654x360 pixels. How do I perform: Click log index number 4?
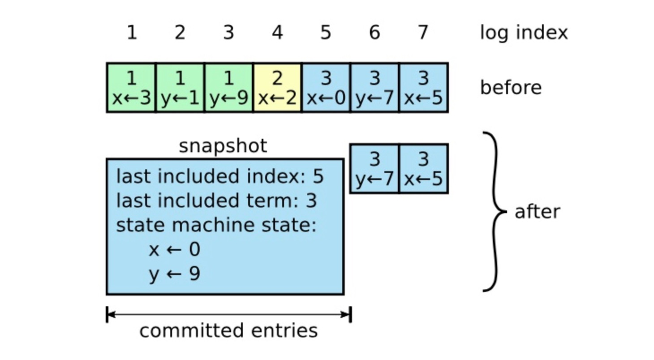click(x=277, y=33)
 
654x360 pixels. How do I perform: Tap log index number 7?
click(x=423, y=33)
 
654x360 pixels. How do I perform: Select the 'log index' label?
click(x=523, y=33)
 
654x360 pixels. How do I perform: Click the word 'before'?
click(x=511, y=87)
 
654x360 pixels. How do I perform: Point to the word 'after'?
click(x=537, y=211)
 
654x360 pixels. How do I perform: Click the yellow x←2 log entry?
click(x=277, y=88)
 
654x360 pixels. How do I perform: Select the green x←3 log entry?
click(x=131, y=88)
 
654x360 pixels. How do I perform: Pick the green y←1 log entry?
click(x=180, y=88)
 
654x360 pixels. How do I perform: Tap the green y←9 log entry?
click(x=228, y=88)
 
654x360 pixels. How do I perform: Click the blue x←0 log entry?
click(x=326, y=88)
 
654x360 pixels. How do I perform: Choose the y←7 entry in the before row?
click(x=374, y=88)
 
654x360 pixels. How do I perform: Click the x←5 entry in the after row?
click(x=423, y=169)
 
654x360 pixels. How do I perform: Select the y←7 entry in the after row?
click(x=374, y=169)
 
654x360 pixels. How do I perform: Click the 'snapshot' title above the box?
click(x=223, y=146)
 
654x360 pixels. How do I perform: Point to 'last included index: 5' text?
click(x=219, y=177)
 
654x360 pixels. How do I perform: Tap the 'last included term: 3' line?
click(x=216, y=201)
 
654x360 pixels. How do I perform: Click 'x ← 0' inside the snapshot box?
click(x=174, y=249)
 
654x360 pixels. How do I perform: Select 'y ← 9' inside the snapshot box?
click(x=174, y=274)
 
